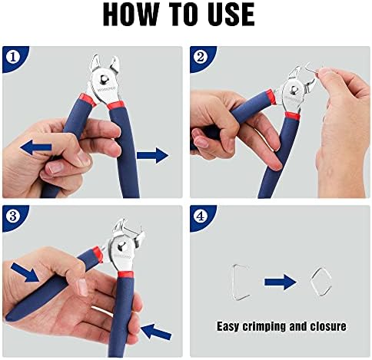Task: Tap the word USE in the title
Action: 231,14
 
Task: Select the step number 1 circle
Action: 12,58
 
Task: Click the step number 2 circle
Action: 201,58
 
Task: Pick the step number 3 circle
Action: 12,216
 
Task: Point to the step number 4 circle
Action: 201,216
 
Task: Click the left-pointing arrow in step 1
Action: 36,147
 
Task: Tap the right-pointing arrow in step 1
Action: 153,155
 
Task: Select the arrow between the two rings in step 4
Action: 281,282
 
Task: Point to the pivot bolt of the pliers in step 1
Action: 104,79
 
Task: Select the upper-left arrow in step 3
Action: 25,272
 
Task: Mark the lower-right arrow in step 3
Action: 156,332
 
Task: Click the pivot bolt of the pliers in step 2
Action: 294,89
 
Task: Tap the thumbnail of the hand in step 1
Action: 55,169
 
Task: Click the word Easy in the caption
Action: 228,327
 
